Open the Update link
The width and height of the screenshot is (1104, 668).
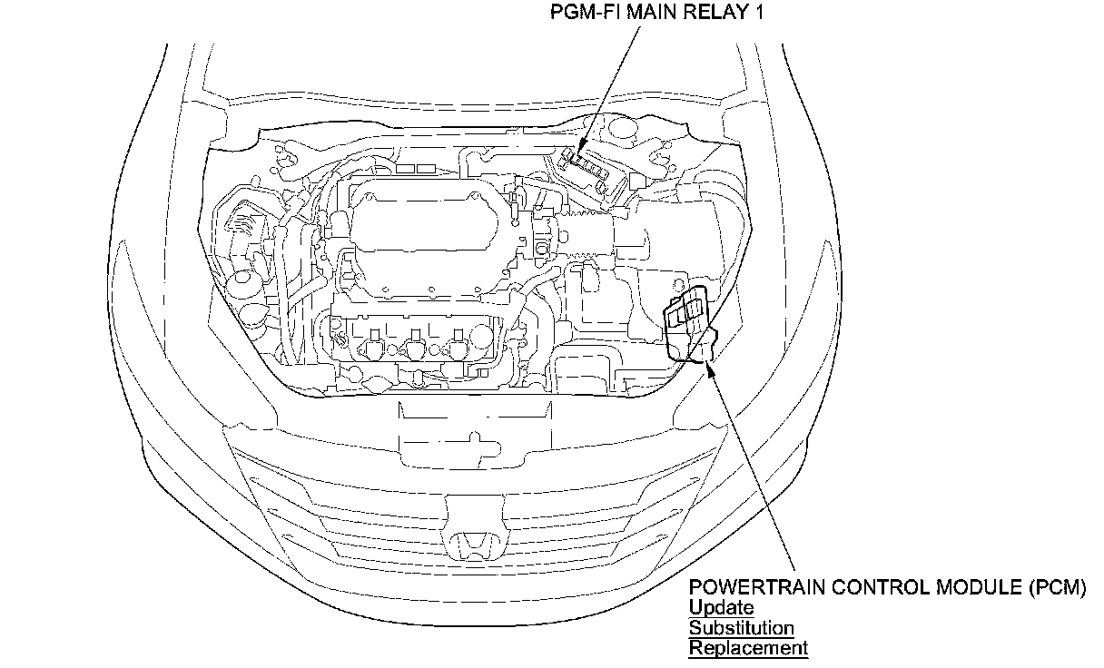(x=721, y=608)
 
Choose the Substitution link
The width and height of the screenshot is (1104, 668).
(x=741, y=628)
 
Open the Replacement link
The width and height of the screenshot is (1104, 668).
(x=747, y=648)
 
